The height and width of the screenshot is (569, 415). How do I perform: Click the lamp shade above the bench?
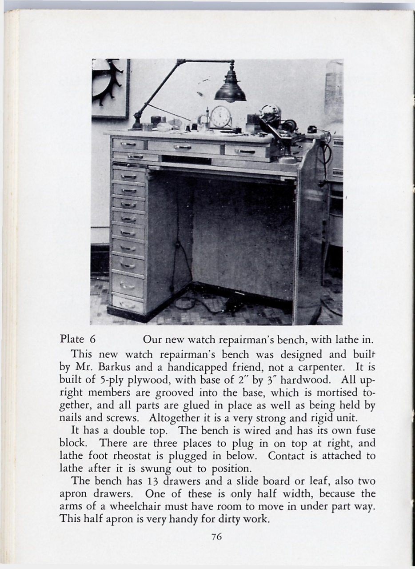coord(230,90)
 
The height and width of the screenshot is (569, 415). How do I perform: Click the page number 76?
coord(216,537)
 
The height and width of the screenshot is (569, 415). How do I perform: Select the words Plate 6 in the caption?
coord(78,340)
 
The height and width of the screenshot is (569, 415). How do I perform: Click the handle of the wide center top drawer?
coord(183,147)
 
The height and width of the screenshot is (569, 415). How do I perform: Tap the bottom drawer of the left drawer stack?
coord(128,305)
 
